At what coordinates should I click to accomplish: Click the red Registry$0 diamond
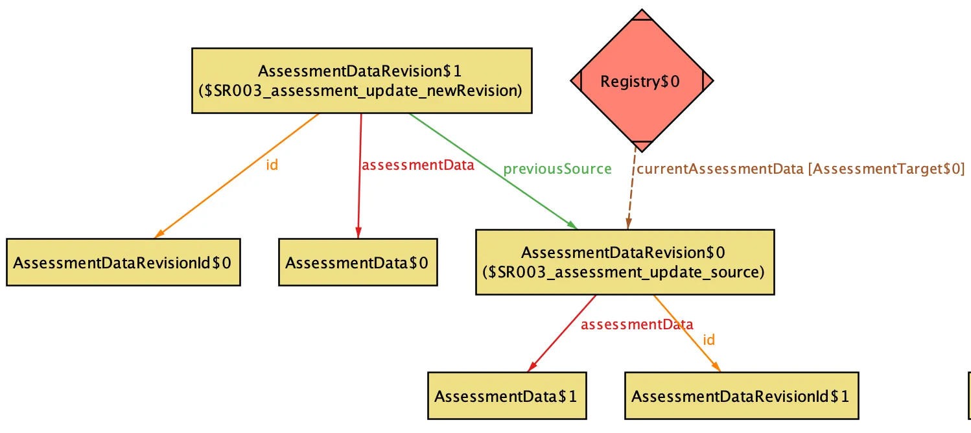[642, 80]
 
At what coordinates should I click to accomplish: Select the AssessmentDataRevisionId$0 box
[124, 263]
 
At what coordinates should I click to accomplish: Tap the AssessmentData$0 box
[358, 263]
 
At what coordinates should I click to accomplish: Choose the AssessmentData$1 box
[507, 395]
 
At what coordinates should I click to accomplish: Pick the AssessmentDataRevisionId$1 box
[742, 395]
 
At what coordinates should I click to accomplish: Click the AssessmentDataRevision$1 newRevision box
[362, 80]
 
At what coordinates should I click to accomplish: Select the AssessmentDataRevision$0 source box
[625, 263]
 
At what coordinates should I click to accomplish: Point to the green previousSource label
[557, 169]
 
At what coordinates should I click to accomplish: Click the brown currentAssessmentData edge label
[801, 169]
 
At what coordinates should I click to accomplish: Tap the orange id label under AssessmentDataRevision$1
[272, 165]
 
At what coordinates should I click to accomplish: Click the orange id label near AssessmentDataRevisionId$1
[708, 340]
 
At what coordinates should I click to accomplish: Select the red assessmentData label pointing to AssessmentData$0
[418, 165]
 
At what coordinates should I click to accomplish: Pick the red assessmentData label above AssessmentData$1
[637, 324]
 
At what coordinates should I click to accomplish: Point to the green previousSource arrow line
[493, 172]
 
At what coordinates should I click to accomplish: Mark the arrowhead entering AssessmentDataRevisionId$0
[159, 234]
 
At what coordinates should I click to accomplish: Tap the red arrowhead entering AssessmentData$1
[532, 367]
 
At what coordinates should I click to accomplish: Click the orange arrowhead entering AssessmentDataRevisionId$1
[716, 367]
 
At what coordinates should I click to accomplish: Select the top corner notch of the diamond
[642, 15]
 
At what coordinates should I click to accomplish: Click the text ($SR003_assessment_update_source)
[624, 272]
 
